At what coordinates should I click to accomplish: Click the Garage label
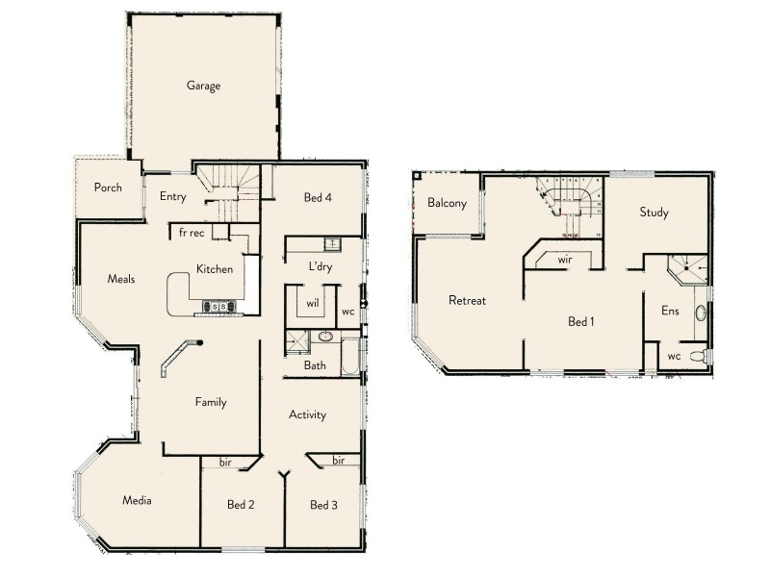coord(203,86)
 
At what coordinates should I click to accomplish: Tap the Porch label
coord(108,188)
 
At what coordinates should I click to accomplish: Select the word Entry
coord(172,197)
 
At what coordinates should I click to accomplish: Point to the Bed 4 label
coord(318,198)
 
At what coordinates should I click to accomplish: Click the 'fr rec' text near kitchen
coord(192,232)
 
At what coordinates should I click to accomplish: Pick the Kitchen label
coord(214,269)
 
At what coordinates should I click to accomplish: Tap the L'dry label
coord(321,267)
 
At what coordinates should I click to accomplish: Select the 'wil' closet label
coord(313,303)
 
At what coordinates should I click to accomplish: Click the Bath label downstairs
coord(315,365)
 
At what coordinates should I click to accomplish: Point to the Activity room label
coord(308,415)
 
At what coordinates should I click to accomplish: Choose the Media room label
coord(136,500)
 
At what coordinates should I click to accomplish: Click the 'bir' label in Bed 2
coord(224,463)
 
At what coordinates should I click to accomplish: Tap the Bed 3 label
coord(323,505)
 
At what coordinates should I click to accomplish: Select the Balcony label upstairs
coord(447,203)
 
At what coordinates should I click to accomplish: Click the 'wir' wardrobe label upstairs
coord(565,259)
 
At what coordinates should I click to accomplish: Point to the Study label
coord(654,213)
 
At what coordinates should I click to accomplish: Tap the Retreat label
coord(467,301)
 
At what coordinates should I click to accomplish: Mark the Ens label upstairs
coord(670,312)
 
